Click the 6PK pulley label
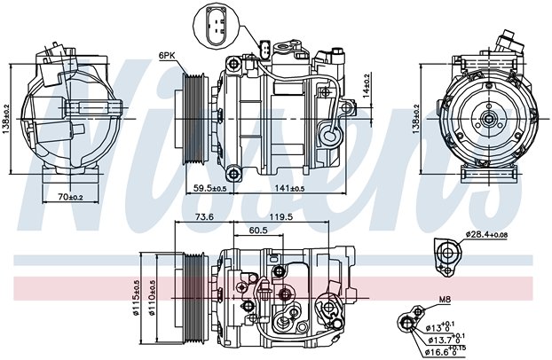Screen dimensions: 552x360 click(167, 55)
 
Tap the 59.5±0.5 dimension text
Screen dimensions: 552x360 click(209, 188)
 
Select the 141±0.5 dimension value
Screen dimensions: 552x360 click(290, 188)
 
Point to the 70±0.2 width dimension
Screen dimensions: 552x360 click(70, 198)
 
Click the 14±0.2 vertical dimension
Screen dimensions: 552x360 click(366, 85)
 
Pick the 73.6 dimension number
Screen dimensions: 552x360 click(204, 216)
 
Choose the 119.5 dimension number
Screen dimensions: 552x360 click(281, 216)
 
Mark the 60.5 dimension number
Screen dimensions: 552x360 click(258, 231)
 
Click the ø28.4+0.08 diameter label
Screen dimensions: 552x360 click(486, 234)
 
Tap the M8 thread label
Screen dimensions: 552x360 click(445, 300)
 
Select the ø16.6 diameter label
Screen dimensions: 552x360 click(446, 350)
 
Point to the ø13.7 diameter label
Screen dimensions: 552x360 click(446, 339)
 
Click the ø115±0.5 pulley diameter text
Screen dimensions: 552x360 click(136, 298)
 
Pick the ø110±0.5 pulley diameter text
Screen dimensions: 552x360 click(153, 298)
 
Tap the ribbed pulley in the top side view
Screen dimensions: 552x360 click(194, 118)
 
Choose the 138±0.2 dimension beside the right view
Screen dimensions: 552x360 click(416, 119)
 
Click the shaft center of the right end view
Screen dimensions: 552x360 click(489, 119)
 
